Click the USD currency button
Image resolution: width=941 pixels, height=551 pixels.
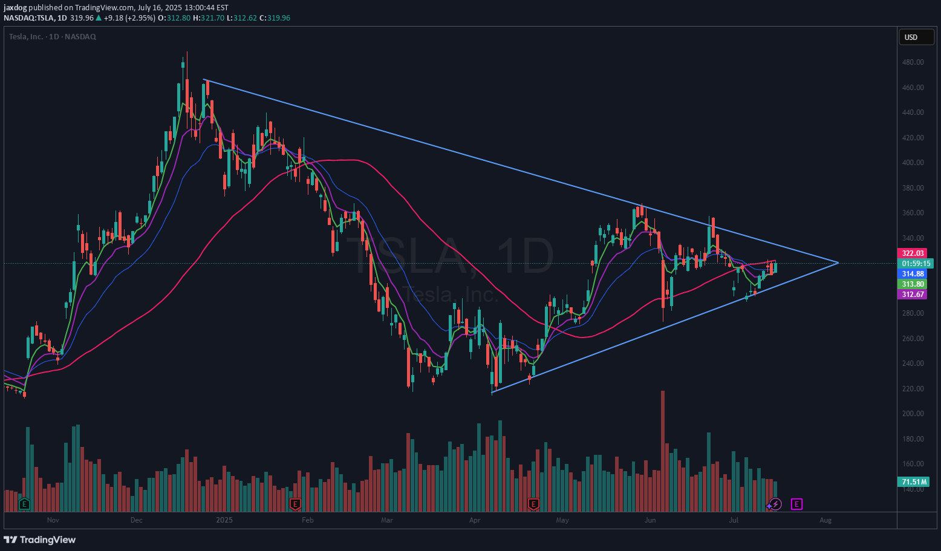pos(911,37)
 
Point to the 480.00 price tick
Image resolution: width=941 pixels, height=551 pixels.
pos(913,62)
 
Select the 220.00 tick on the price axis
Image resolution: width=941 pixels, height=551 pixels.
pos(913,389)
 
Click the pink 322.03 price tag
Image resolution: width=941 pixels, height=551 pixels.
pos(913,253)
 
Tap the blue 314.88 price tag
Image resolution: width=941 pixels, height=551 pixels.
pos(913,274)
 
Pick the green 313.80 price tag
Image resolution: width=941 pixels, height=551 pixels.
pos(913,284)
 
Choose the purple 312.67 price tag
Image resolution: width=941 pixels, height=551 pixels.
pos(913,295)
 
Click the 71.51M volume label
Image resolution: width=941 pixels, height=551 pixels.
pos(914,482)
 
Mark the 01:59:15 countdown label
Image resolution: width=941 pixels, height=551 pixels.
pos(916,264)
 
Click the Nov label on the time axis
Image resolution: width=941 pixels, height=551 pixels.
pos(53,520)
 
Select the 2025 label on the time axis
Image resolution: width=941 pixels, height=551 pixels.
pos(224,520)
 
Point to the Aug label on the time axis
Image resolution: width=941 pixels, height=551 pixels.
pos(825,520)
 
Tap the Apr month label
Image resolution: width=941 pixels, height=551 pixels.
pos(475,520)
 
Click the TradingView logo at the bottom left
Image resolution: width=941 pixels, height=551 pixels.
pos(40,540)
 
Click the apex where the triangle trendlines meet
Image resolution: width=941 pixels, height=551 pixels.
pos(838,262)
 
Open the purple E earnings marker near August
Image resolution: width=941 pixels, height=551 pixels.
pos(796,504)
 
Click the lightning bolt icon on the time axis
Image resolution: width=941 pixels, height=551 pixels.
pos(776,504)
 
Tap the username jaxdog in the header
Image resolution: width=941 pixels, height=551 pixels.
pos(16,8)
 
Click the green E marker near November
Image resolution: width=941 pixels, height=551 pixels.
pos(24,504)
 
